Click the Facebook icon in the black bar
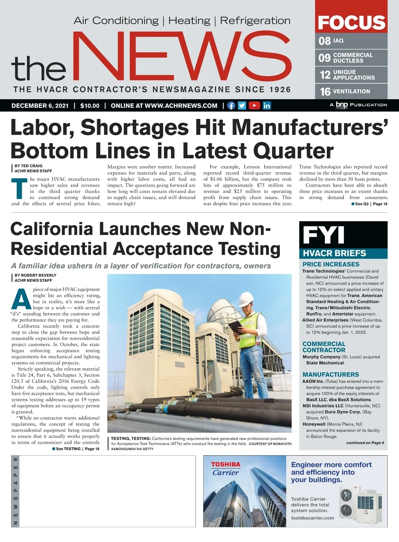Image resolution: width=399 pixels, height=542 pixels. (x=231, y=106)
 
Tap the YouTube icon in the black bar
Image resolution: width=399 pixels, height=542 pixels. (x=254, y=106)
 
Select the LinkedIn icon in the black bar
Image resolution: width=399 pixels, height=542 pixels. (x=267, y=106)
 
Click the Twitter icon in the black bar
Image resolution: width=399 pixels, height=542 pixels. (x=242, y=106)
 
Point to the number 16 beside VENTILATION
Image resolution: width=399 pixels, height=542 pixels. (x=325, y=92)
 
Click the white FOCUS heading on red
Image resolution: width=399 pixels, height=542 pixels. (x=351, y=22)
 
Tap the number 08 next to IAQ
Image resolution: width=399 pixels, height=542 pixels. (x=325, y=41)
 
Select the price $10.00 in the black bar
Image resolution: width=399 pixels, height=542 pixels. (x=90, y=106)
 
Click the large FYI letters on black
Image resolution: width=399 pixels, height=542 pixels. (x=324, y=235)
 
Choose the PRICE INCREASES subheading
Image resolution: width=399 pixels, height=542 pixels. (x=331, y=264)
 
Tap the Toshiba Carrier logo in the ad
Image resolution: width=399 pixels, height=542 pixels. (x=226, y=469)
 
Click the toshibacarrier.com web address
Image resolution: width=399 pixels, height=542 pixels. (x=313, y=518)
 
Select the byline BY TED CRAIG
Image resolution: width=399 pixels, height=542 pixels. (x=29, y=166)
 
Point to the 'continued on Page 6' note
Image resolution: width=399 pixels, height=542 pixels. (x=365, y=443)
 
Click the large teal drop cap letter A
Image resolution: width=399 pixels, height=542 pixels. (x=21, y=299)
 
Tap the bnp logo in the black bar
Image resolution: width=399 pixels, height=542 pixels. (x=341, y=105)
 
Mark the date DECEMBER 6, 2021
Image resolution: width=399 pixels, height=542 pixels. (x=40, y=106)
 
